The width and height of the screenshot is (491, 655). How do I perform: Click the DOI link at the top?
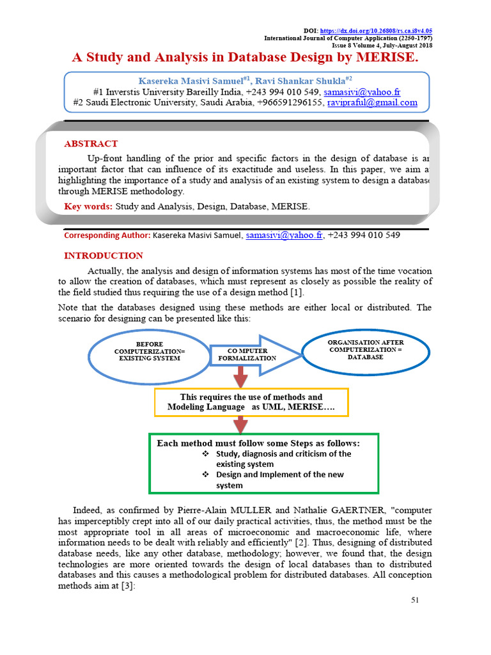click(x=375, y=31)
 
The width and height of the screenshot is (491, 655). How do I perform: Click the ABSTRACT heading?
click(x=91, y=144)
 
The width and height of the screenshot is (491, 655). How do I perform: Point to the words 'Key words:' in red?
click(x=88, y=207)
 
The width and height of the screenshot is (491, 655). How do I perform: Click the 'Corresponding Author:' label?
click(x=107, y=235)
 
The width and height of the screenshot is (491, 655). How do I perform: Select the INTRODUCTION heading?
click(x=104, y=256)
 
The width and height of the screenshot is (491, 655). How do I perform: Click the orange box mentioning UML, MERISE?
click(x=251, y=402)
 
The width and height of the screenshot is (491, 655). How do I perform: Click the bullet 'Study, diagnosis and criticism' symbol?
click(x=206, y=454)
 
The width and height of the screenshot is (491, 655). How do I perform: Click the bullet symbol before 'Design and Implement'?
click(x=206, y=475)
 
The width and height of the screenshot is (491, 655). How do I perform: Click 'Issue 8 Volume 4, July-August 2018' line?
click(x=382, y=45)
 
